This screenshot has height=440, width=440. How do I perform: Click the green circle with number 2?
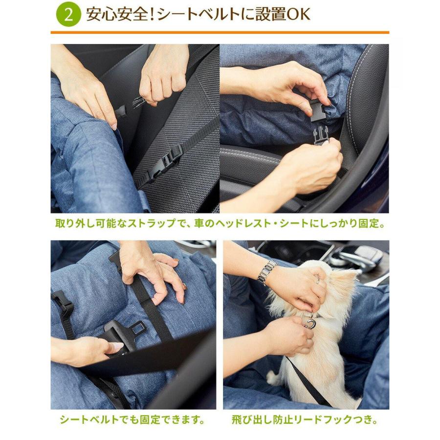click(x=68, y=15)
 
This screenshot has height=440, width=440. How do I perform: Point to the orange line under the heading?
click(x=220, y=33)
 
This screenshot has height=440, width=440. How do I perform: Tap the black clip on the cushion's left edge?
click(x=62, y=302)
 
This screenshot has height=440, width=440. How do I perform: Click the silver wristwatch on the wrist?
click(x=267, y=272)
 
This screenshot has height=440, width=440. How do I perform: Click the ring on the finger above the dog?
click(x=318, y=281)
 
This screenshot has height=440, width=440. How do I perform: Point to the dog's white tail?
click(x=275, y=376)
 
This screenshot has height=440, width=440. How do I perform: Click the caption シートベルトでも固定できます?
click(x=132, y=419)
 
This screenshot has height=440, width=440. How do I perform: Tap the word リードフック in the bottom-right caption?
click(x=325, y=419)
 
